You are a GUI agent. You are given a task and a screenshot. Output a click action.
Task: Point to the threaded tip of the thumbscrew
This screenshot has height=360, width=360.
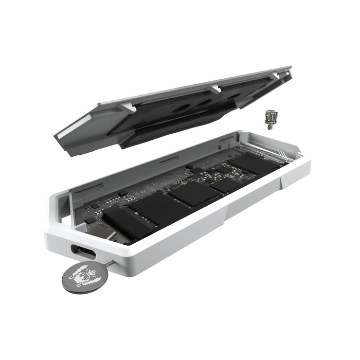[269, 125]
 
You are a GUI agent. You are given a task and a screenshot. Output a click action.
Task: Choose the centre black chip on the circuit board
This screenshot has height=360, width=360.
[195, 194]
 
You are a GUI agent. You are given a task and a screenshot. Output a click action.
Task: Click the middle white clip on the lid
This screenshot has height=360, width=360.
[216, 88]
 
